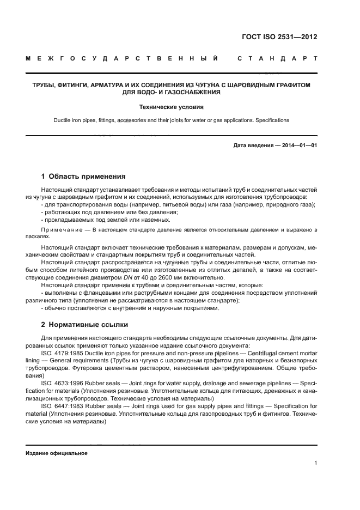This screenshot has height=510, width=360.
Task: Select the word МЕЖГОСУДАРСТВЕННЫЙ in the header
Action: click(123, 58)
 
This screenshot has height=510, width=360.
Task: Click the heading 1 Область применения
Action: click(83, 177)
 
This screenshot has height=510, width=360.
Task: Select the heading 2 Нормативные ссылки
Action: click(84, 325)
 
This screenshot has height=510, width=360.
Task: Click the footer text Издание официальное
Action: click(56, 453)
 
